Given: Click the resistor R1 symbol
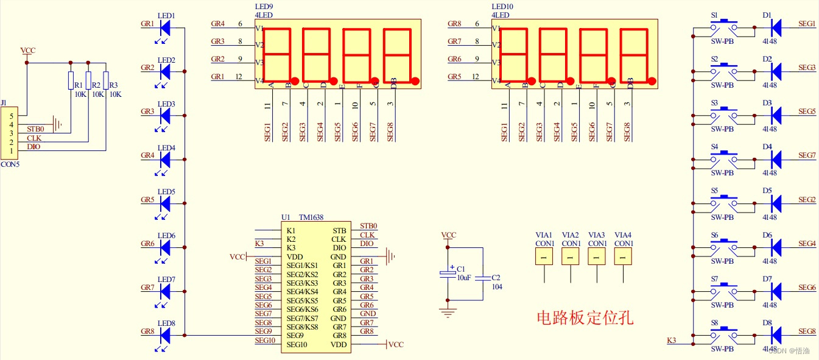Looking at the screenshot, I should pyautogui.click(x=71, y=81).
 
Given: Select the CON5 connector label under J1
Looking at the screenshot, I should pyautogui.click(x=10, y=164).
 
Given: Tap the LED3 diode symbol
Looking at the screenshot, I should pyautogui.click(x=165, y=115).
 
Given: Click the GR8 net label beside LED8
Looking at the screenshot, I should pyautogui.click(x=147, y=331).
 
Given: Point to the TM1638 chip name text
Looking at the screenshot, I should pyautogui.click(x=311, y=217).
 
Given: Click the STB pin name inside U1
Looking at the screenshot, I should pyautogui.click(x=339, y=230).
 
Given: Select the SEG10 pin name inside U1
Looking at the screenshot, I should pyautogui.click(x=297, y=345).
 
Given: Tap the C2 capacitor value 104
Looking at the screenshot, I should pyautogui.click(x=496, y=286).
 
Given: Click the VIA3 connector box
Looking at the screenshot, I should pyautogui.click(x=597, y=258).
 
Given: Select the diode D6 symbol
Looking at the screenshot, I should pyautogui.click(x=776, y=247).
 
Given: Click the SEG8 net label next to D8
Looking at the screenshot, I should pyautogui.click(x=806, y=331).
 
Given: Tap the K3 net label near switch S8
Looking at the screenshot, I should pyautogui.click(x=672, y=340).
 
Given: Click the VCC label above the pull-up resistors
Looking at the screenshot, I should pyautogui.click(x=27, y=51).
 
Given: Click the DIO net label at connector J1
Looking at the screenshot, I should pyautogui.click(x=35, y=147).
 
